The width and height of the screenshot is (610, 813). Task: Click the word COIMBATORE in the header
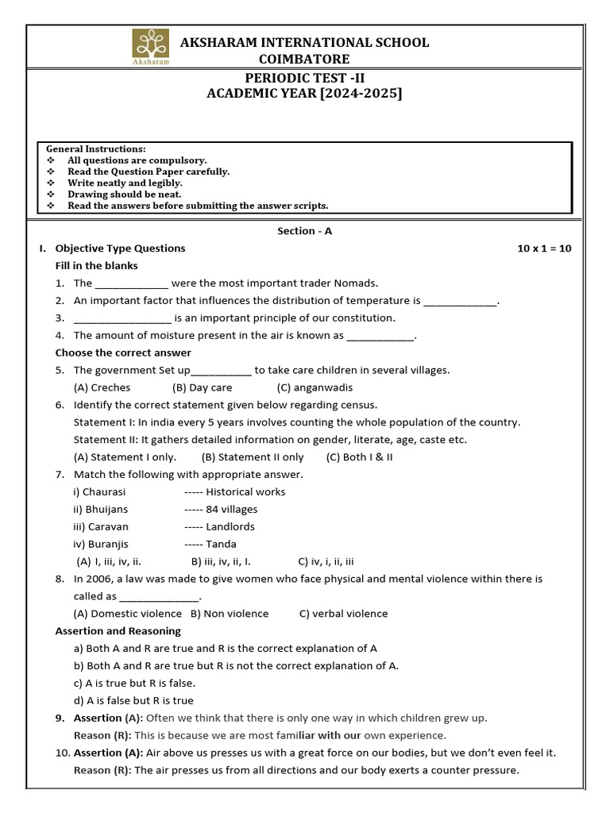[x=304, y=60]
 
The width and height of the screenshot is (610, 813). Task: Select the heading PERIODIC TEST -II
[x=304, y=77]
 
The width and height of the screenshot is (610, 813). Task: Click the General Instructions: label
[x=95, y=149]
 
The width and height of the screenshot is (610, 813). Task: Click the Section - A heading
[x=304, y=231]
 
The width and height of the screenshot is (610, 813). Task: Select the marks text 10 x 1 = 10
[x=544, y=249]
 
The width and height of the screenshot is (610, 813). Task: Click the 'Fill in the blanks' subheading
[x=96, y=266]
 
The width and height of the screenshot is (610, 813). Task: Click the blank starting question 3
[x=122, y=319]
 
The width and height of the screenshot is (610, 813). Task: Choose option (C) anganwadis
[x=315, y=388]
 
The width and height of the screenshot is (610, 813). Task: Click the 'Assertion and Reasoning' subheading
[x=118, y=631]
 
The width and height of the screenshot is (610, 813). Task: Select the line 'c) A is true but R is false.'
[x=134, y=683]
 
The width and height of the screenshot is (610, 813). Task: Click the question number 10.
[x=62, y=753]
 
